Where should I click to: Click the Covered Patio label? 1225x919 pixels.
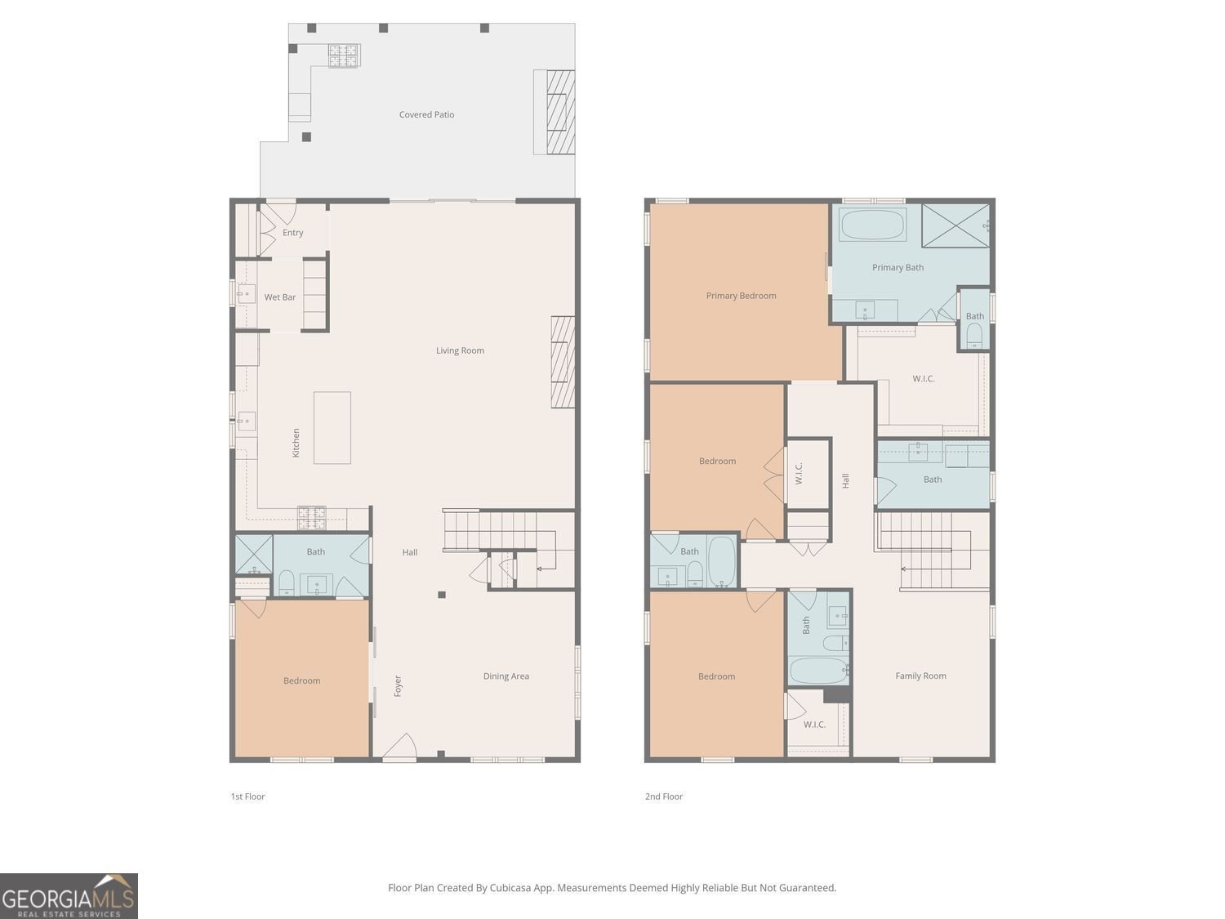[426, 114]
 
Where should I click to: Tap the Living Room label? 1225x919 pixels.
[460, 350]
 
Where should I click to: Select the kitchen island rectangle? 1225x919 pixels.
[332, 427]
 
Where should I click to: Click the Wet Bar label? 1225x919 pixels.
[279, 297]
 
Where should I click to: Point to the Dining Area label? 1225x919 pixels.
[506, 676]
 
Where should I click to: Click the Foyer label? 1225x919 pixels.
[398, 685]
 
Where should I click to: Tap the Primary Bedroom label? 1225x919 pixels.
[741, 296]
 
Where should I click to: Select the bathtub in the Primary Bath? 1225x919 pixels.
[872, 224]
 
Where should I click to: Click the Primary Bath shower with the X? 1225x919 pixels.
[955, 225]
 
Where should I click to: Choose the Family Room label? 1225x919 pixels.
[920, 676]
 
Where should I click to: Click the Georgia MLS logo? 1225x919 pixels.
[69, 895]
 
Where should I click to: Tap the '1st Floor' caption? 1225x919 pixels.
[247, 796]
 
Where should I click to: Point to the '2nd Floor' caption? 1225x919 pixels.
[664, 796]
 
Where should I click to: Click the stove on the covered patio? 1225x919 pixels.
[344, 56]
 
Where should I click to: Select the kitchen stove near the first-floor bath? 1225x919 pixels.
[311, 517]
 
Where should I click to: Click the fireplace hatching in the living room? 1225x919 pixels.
[563, 362]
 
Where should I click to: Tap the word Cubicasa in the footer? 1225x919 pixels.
[510, 888]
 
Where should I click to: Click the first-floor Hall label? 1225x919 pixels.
[410, 552]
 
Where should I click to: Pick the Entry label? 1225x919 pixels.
[292, 233]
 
